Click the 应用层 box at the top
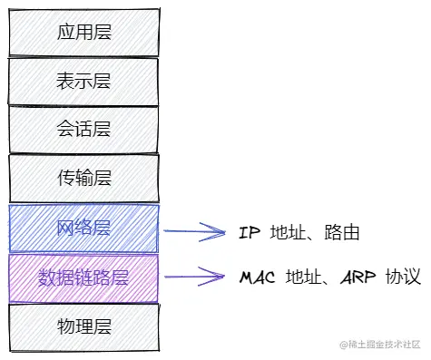tap(83, 33)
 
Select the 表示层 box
tap(83, 81)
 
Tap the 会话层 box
tap(83, 129)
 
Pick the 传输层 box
tap(83, 178)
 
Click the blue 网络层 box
tap(83, 228)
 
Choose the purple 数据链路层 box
tap(83, 277)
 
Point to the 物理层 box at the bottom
tap(83, 326)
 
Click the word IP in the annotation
tap(250, 233)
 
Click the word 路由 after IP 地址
tap(345, 233)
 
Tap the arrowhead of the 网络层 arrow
tap(220, 232)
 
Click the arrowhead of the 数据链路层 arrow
tap(220, 276)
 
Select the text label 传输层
tap(83, 178)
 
